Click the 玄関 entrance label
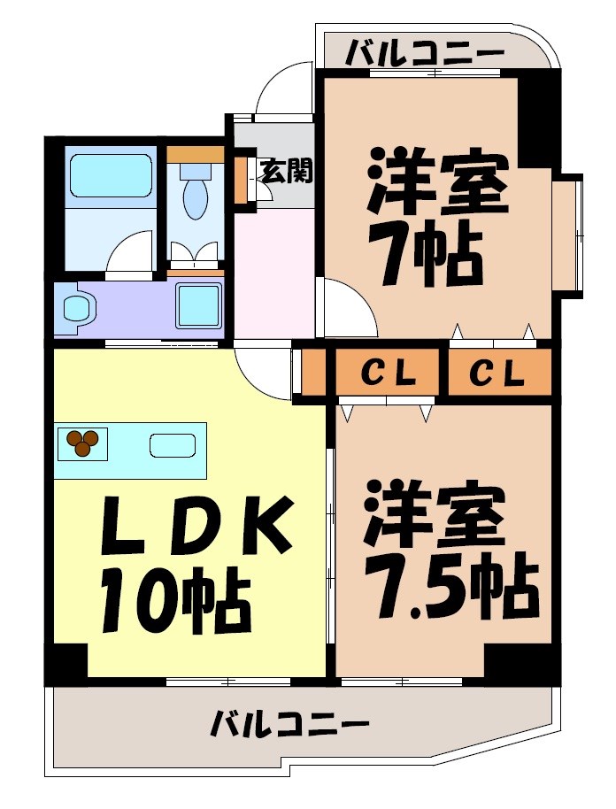(285, 171)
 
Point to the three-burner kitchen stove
(82, 443)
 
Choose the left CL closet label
(388, 374)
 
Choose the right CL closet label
(497, 374)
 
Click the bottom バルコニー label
(289, 727)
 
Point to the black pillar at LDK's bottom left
(67, 663)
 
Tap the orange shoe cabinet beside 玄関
(240, 181)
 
